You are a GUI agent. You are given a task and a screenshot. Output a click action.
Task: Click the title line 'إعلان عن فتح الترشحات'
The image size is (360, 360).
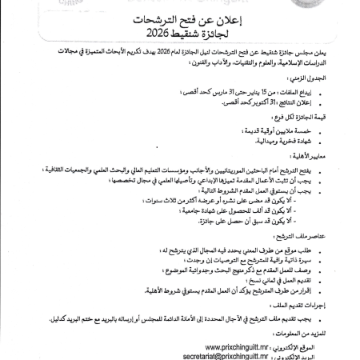[180, 22]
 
